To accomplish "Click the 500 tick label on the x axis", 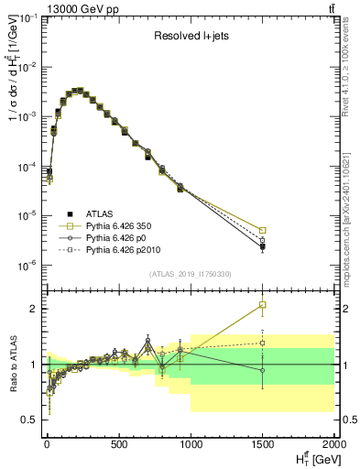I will [118, 445].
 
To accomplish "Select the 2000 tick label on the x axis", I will [333, 445].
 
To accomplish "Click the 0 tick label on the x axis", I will [46, 445].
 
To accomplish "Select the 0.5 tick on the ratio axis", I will [29, 420].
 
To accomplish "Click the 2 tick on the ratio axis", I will [34, 309].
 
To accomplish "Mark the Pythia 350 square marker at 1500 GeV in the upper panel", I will [263, 231].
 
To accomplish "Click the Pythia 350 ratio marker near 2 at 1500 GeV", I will [263, 305].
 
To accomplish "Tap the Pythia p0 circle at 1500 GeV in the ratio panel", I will [263, 370].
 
